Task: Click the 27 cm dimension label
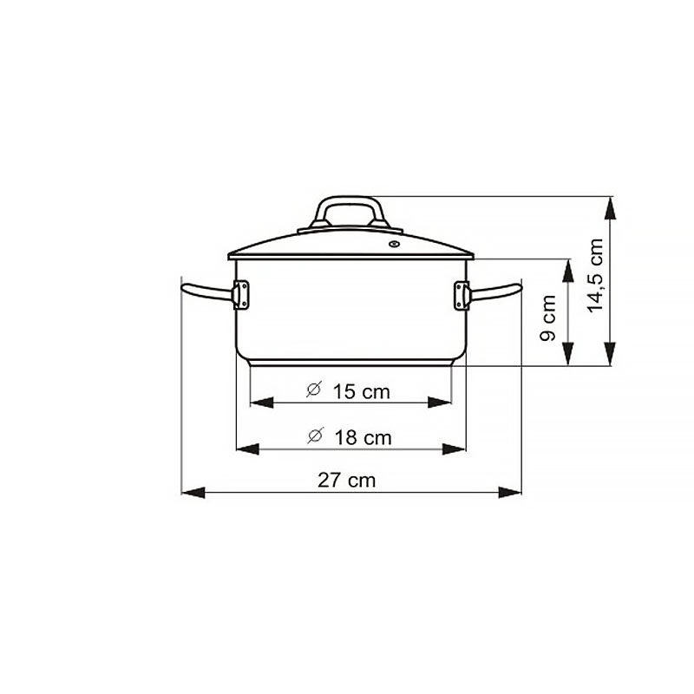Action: point(346,481)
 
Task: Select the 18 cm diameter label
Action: point(363,438)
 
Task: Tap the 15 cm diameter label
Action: point(361,392)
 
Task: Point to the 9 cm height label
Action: point(548,318)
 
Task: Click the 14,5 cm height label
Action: point(595,275)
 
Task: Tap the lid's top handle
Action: point(350,213)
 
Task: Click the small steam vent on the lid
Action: point(394,244)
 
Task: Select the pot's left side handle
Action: point(207,291)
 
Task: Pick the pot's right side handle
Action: point(495,291)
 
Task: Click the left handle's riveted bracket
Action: point(241,295)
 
